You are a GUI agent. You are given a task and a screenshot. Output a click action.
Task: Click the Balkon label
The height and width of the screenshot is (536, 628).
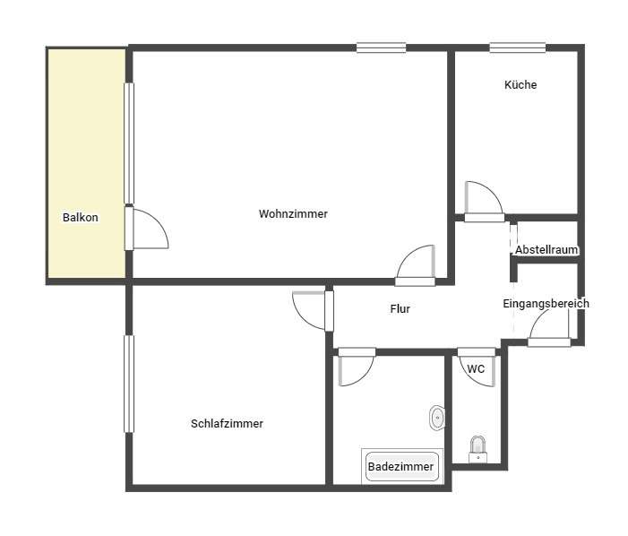pos(80,218)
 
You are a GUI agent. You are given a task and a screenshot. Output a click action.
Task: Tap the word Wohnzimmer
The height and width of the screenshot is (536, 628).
pos(293,214)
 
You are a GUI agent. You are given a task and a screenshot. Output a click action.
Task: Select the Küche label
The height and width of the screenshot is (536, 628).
pos(520,85)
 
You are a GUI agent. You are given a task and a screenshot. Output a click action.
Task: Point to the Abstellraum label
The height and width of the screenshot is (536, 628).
pos(546,250)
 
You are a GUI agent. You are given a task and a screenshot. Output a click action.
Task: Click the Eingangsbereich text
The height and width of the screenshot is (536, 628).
pos(546,304)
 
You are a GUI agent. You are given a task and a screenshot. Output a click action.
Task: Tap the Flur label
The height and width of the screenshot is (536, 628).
pos(400,309)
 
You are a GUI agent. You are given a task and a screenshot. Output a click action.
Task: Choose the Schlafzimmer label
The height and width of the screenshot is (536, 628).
pos(227,424)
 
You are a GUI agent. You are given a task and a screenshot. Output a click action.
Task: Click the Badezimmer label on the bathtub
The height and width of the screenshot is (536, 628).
pos(401,467)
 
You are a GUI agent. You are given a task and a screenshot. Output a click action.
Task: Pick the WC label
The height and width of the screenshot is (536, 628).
pos(476,368)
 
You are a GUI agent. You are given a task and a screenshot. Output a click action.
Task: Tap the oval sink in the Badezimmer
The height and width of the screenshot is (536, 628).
pos(437,417)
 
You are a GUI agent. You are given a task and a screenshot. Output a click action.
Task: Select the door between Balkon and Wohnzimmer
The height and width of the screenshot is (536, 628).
pos(148,229)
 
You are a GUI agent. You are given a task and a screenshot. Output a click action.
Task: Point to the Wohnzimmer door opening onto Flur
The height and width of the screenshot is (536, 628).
pos(417,265)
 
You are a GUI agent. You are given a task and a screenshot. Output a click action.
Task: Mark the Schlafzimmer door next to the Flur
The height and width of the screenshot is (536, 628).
pos(310,310)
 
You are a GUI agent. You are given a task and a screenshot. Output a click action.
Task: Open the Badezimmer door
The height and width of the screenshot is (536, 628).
pos(357,367)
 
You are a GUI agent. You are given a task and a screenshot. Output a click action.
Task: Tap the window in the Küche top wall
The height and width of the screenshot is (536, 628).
pos(517,48)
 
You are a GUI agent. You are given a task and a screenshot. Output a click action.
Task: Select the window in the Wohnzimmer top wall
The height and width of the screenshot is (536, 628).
pos(381,48)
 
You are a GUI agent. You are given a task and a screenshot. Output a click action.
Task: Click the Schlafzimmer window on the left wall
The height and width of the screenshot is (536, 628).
pos(128,384)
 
